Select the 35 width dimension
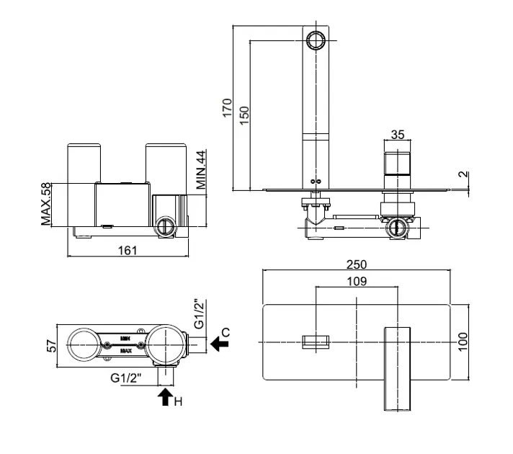[397, 135]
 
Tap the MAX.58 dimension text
[47, 204]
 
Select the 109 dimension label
[357, 281]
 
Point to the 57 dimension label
[50, 344]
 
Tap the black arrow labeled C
[219, 345]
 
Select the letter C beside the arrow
[225, 332]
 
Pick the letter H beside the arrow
[178, 401]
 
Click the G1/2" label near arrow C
[202, 315]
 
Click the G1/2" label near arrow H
[128, 377]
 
